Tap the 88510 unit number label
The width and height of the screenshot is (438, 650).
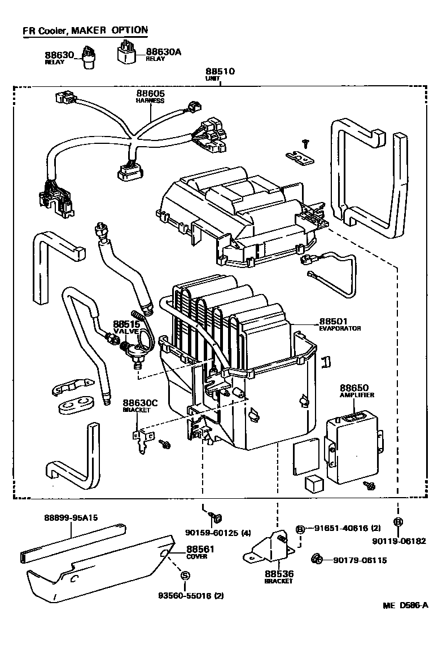[220, 72]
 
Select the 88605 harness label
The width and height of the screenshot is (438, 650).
[150, 94]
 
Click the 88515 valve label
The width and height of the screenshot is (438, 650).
[126, 324]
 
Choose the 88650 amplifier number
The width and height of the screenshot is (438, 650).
[354, 388]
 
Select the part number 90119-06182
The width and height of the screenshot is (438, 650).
[398, 541]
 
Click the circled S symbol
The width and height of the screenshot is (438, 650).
[184, 576]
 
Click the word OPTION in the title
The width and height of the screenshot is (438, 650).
[129, 30]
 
